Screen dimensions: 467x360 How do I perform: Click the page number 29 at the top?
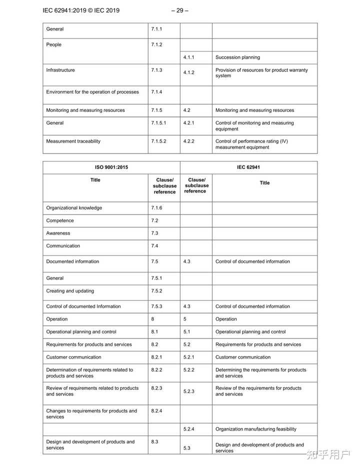pos(179,10)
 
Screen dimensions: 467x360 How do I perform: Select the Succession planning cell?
pos(237,57)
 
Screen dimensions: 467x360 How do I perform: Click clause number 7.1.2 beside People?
pos(156,44)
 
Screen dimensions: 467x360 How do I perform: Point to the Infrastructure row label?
pos(60,70)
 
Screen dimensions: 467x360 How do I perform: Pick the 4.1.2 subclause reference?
pos(188,72)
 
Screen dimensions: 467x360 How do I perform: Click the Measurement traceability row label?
pos(73,141)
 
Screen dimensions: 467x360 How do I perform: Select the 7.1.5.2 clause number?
pos(159,141)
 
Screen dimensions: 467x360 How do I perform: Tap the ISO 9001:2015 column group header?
pos(111,167)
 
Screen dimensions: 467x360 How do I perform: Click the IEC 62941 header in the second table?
pos(248,167)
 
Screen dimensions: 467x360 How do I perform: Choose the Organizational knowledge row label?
pos(73,208)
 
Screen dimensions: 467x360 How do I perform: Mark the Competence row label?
pos(60,220)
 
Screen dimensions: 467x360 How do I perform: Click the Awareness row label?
pos(58,233)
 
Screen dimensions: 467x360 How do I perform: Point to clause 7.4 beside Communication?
pos(154,245)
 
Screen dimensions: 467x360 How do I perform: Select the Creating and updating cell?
pos(70,290)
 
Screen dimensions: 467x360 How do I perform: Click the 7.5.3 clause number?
pos(156,306)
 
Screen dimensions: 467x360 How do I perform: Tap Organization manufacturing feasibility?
pos(255,428)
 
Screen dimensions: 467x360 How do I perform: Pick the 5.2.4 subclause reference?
pos(188,428)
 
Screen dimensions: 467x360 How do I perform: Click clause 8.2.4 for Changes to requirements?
pos(156,410)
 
